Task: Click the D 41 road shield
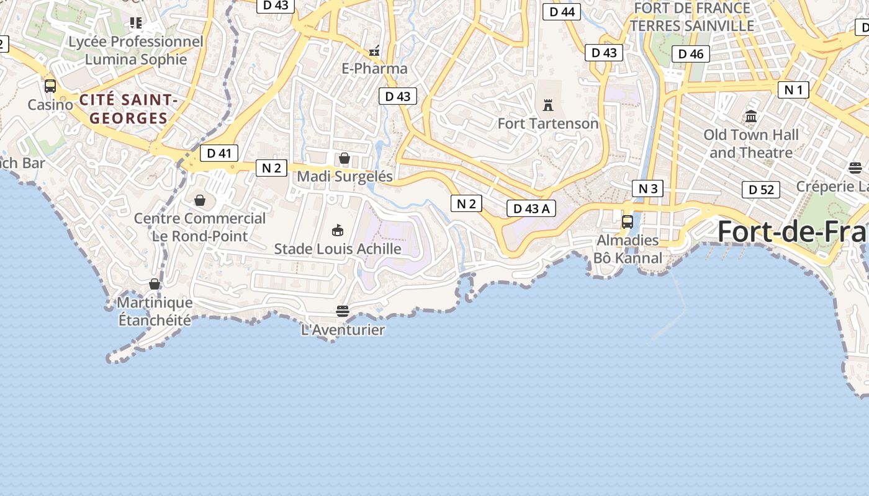(218, 153)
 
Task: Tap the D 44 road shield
(562, 12)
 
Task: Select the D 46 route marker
(690, 54)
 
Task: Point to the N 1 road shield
(793, 90)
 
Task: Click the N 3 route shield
(647, 188)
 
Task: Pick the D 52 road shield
(761, 190)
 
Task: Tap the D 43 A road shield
(531, 209)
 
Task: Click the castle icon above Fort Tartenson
(547, 105)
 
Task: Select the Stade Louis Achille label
(338, 249)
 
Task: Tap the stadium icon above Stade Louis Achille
(338, 231)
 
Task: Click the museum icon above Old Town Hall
(751, 116)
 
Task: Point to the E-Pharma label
(375, 69)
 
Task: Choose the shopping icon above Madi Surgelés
(344, 158)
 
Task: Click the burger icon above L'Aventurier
(343, 311)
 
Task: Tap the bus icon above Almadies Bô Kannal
(628, 221)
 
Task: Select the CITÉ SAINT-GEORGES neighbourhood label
(128, 109)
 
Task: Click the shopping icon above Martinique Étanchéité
(155, 284)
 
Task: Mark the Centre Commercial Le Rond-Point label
(200, 227)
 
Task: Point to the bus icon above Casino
(50, 86)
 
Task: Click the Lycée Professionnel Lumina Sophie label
(136, 51)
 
